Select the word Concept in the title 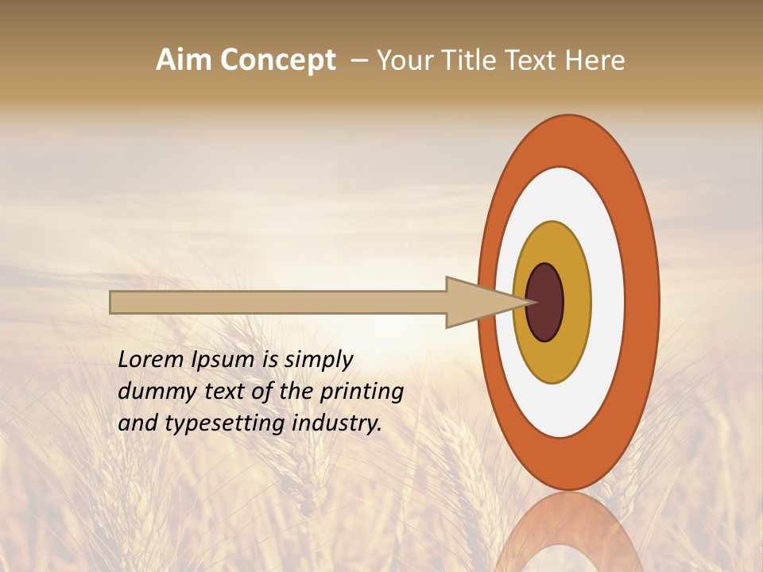coord(278,60)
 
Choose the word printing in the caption coord(362,392)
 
